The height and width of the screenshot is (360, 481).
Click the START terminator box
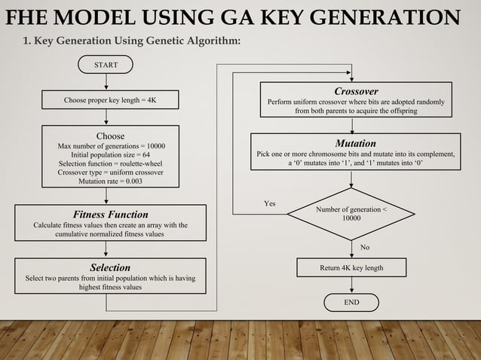[x=106, y=66]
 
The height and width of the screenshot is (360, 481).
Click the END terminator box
[x=351, y=303]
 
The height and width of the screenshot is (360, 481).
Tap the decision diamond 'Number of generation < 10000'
[x=351, y=212]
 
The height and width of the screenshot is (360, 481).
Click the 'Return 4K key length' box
[x=351, y=267]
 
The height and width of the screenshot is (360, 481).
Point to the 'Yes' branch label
[x=270, y=203]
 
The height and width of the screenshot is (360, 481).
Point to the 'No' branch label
[x=366, y=247]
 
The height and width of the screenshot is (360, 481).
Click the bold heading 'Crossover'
[x=356, y=91]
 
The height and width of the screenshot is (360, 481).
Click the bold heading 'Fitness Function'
[x=110, y=215]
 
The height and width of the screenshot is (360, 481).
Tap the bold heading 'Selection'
[x=110, y=267]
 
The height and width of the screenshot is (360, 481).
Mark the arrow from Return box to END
[x=351, y=285]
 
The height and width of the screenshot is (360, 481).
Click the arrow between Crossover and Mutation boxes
[x=355, y=125]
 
